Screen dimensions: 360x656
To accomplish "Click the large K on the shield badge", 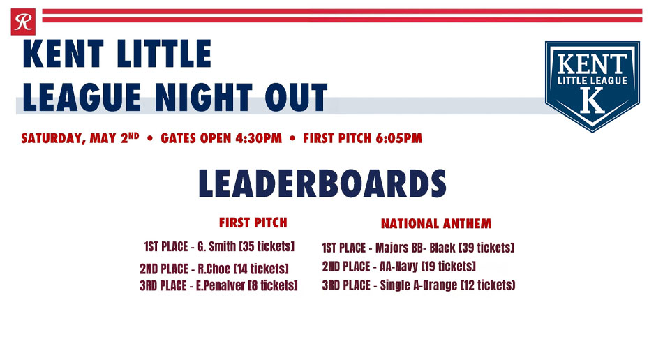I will pyautogui.click(x=592, y=102).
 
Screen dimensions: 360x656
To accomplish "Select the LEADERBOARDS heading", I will pyautogui.click(x=322, y=183).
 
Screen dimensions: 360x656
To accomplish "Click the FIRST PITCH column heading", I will pyautogui.click(x=253, y=223).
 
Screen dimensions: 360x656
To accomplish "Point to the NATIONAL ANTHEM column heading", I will pyautogui.click(x=436, y=224).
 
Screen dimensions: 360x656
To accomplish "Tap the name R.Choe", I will pyautogui.click(x=214, y=269).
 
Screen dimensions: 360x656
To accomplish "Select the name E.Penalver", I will pyautogui.click(x=221, y=285).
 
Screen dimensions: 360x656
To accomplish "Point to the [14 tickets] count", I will pyautogui.click(x=260, y=269).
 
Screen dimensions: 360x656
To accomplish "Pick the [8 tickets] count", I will pyautogui.click(x=273, y=285).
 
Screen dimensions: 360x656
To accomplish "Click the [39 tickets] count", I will pyautogui.click(x=486, y=248).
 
